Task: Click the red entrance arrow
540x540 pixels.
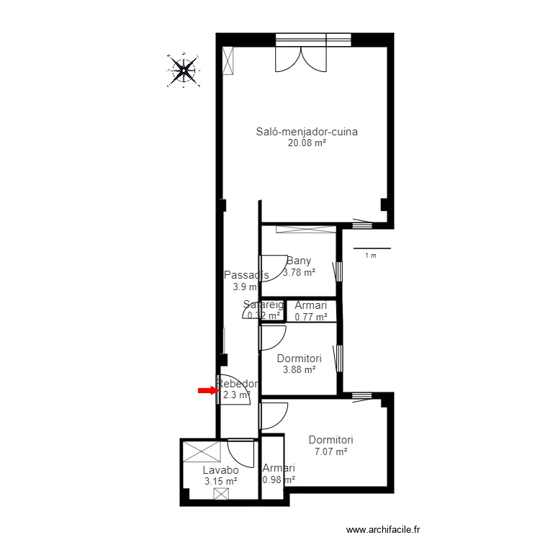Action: point(208,391)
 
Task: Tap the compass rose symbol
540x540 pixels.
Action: point(184,70)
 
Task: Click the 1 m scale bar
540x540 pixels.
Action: point(370,249)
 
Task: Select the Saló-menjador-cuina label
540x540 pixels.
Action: point(307,132)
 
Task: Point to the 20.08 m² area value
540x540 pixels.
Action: point(307,143)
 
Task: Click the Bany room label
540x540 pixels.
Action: point(299,261)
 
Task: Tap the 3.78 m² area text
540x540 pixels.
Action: point(299,273)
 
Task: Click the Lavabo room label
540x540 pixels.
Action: point(220,470)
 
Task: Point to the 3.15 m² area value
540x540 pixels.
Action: point(220,482)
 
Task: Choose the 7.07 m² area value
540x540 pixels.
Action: point(330,451)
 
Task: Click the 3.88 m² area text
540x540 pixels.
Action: point(299,369)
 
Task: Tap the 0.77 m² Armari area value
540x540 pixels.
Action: point(311,316)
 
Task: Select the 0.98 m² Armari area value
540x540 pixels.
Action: point(278,480)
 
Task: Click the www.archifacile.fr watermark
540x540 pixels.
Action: point(382,529)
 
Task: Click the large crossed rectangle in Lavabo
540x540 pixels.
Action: point(201,451)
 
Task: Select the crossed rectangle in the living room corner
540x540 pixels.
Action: point(228,60)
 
